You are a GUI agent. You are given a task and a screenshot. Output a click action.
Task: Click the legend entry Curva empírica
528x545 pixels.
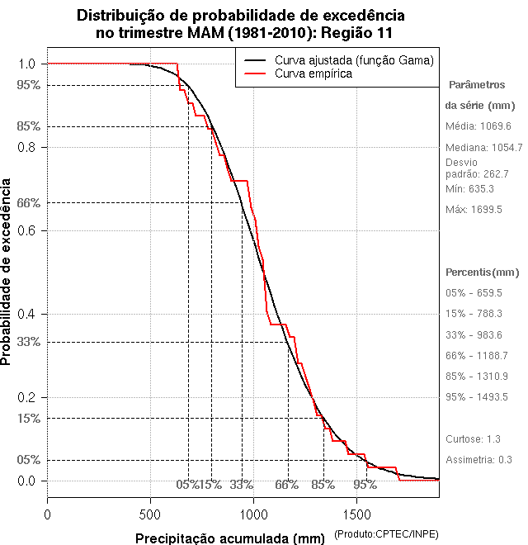pyautogui.click(x=313, y=73)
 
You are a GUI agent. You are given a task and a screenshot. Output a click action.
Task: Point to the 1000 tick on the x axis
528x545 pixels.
pyautogui.click(x=253, y=498)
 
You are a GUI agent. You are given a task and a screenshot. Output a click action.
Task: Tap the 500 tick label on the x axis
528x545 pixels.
pyautogui.click(x=150, y=514)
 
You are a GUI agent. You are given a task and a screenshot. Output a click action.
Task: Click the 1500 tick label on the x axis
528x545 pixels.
pyautogui.click(x=356, y=514)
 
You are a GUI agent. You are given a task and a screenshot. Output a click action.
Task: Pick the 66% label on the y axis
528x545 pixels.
pyautogui.click(x=28, y=202)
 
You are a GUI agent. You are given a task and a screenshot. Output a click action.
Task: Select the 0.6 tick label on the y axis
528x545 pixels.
pyautogui.click(x=28, y=230)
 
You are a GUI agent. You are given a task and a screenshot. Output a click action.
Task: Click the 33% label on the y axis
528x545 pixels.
pyautogui.click(x=28, y=342)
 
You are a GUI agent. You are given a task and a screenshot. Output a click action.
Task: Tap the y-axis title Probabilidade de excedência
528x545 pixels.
pyautogui.click(x=7, y=272)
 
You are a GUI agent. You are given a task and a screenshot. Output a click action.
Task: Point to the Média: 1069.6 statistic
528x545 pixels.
pyautogui.click(x=478, y=126)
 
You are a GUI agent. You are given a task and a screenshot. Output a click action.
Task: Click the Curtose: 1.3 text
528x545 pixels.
pyautogui.click(x=473, y=439)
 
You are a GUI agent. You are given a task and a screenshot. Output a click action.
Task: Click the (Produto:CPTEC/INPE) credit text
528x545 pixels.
pyautogui.click(x=386, y=536)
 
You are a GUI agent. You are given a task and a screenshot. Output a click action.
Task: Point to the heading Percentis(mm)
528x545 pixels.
pyautogui.click(x=483, y=272)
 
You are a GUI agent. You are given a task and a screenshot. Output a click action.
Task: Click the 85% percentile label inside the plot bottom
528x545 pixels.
pyautogui.click(x=322, y=485)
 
